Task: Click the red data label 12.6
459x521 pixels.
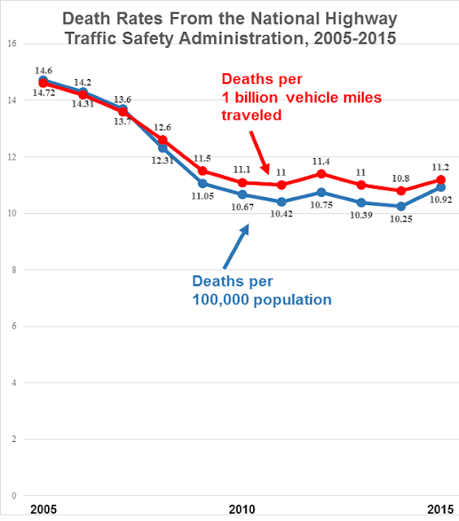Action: pos(163,126)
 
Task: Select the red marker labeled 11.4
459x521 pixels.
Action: pos(321,173)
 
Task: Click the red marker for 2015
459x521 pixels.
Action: pos(440,180)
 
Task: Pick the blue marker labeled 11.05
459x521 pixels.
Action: pos(203,183)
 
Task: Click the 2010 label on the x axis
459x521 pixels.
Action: pos(242,509)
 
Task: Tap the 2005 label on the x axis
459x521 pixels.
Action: pos(42,509)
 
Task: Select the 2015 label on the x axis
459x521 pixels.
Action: pos(439,509)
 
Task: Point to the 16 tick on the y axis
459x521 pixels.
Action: pos(12,44)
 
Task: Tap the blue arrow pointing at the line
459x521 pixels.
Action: pos(237,247)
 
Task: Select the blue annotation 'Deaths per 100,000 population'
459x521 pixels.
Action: pos(260,291)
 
